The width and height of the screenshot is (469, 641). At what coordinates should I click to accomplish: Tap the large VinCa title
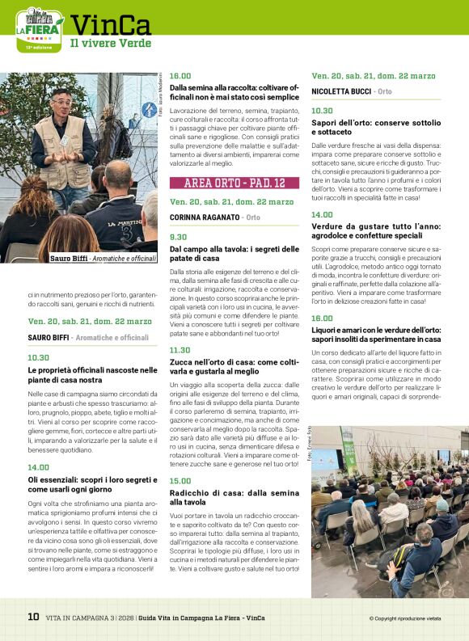point(110,24)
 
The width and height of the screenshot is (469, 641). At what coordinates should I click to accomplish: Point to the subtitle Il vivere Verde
point(110,44)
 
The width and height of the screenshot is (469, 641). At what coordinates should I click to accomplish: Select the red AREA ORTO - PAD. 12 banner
point(234,183)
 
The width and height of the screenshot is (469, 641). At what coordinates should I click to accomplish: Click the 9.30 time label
point(179,237)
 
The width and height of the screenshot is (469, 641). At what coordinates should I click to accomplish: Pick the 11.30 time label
point(180,350)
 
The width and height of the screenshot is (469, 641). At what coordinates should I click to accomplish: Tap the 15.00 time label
point(180,481)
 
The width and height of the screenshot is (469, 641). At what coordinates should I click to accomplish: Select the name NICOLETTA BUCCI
point(340,92)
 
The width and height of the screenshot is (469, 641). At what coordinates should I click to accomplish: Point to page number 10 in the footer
point(33,617)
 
